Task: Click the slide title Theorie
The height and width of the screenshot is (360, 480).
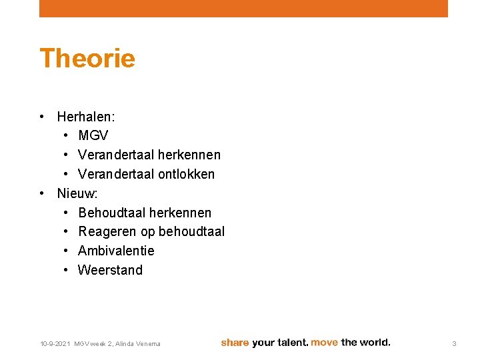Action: click(87, 59)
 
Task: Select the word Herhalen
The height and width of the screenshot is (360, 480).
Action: click(85, 117)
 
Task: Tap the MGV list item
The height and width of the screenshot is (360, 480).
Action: click(93, 136)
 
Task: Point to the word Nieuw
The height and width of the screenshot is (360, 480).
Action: click(77, 193)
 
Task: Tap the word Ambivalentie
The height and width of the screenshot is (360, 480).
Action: click(116, 251)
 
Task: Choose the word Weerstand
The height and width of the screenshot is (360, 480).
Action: click(110, 270)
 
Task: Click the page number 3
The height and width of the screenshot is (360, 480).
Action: click(454, 343)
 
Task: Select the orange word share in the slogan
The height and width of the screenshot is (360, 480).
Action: click(235, 343)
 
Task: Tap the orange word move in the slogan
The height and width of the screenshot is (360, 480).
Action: click(324, 343)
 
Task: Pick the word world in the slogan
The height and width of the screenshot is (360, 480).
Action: click(374, 343)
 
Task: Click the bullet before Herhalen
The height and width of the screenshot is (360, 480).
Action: click(42, 117)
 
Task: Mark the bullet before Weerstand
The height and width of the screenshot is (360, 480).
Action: click(67, 270)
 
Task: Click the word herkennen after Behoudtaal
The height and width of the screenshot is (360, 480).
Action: click(180, 213)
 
